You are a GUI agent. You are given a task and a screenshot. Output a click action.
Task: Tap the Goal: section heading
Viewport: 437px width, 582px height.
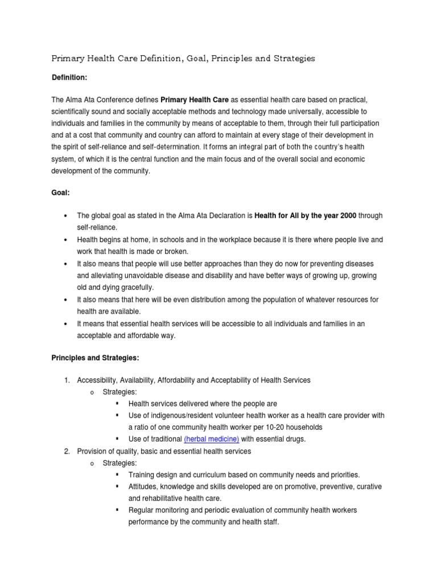[x=60, y=193]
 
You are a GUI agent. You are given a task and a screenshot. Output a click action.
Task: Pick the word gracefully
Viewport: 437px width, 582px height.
[x=138, y=287]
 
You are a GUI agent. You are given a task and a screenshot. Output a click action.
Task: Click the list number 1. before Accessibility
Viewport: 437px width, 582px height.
[x=66, y=380]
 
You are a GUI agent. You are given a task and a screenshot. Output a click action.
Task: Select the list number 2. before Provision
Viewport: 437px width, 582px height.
[x=66, y=451]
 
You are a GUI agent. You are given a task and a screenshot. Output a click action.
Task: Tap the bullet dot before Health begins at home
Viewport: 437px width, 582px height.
[x=66, y=240]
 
